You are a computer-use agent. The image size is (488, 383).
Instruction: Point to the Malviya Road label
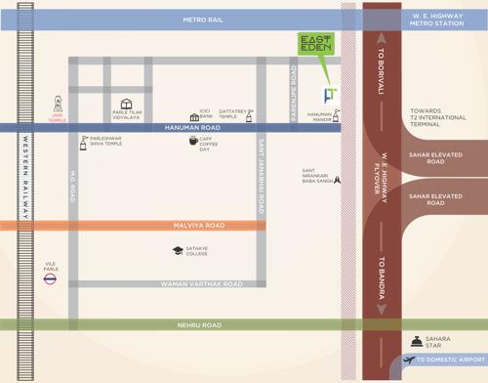198,226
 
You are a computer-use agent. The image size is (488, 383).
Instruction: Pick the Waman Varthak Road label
201,284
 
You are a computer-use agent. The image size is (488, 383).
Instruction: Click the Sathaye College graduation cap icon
177,251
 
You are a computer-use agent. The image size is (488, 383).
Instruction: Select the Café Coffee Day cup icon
193,141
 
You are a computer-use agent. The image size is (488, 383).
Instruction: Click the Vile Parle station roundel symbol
50,278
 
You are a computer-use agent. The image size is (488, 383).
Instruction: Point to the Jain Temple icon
58,102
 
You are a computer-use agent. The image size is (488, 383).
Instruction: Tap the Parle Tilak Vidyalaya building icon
126,104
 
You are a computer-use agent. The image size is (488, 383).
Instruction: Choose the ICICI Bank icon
194,116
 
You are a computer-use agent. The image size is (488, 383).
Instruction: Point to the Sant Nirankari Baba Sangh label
315,176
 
